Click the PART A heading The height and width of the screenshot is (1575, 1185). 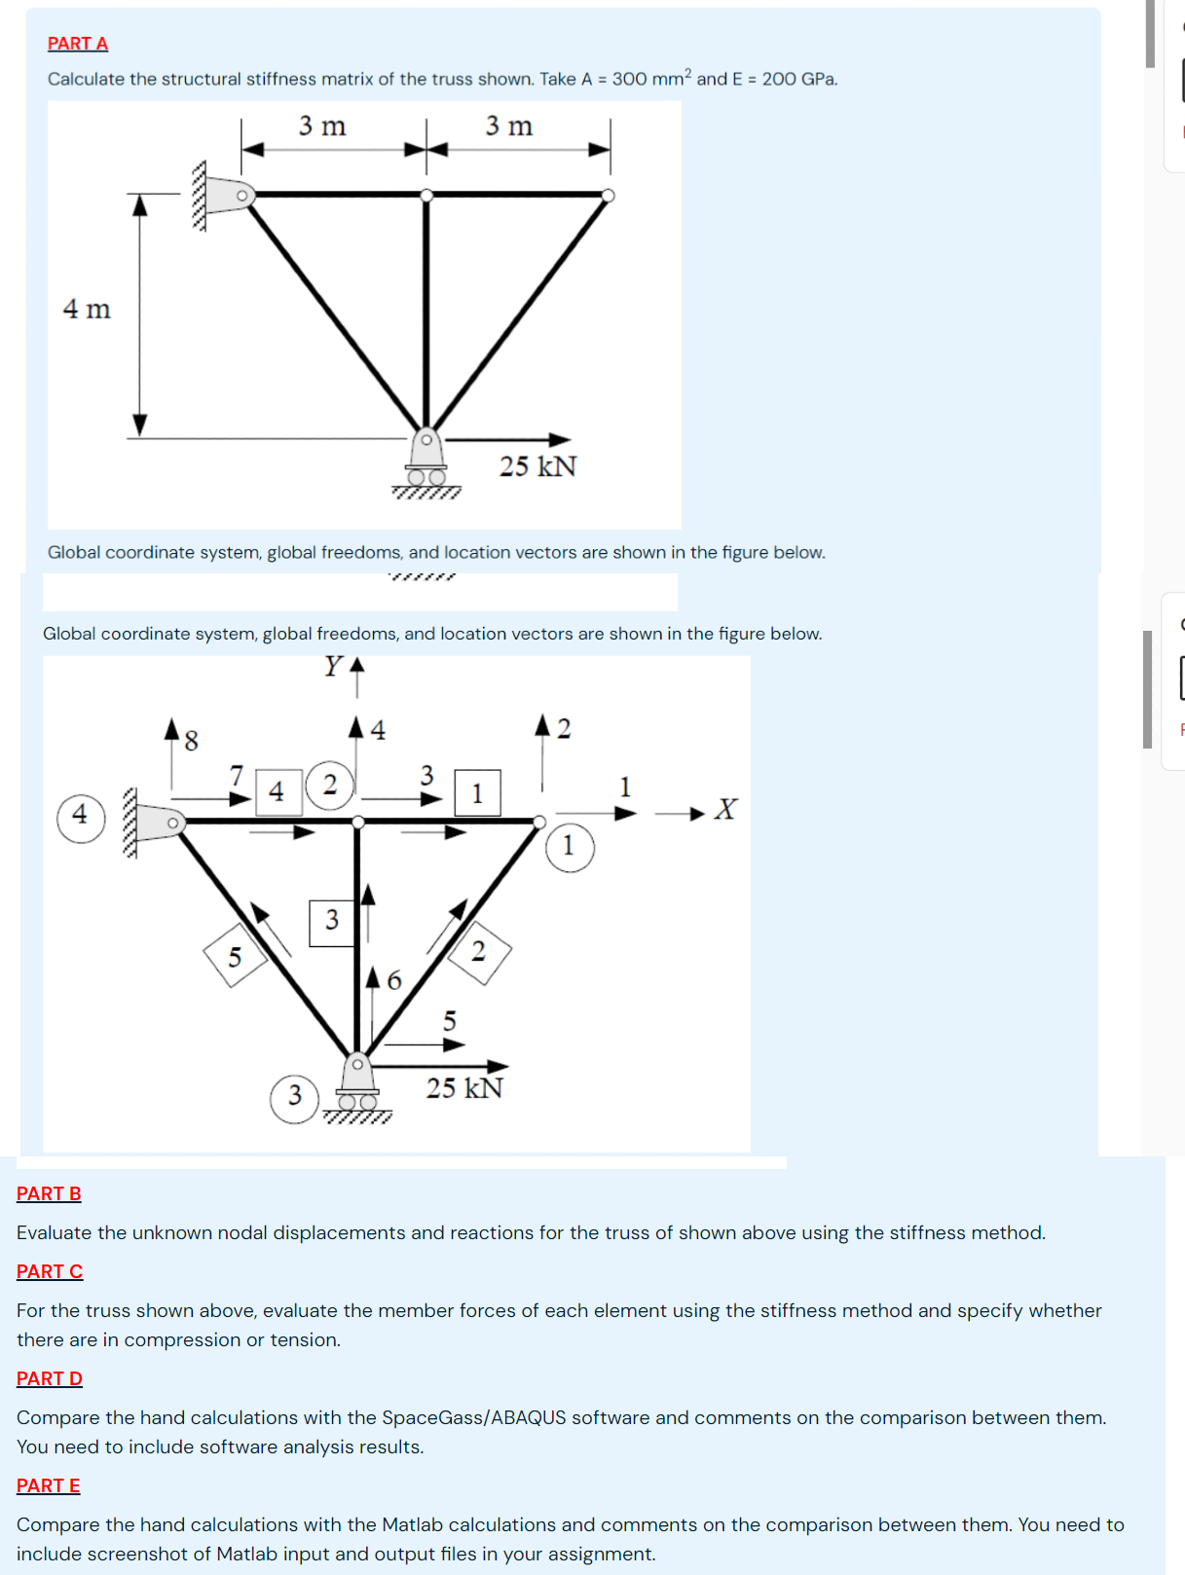(77, 43)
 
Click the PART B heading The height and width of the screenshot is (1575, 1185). (49, 1193)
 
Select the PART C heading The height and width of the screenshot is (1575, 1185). (50, 1271)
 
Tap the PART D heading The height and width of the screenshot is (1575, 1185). (50, 1378)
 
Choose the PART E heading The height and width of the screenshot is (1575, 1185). (49, 1485)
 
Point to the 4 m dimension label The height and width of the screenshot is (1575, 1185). (87, 310)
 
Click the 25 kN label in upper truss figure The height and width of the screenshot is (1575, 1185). (537, 466)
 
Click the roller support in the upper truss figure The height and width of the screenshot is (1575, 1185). (426, 461)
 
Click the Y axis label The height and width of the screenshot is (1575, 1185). (333, 667)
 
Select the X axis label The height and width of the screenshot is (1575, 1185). (724, 810)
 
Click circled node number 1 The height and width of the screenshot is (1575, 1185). (570, 847)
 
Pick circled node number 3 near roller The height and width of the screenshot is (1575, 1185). (295, 1097)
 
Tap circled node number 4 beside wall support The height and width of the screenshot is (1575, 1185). (81, 816)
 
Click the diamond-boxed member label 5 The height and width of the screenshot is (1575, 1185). (235, 957)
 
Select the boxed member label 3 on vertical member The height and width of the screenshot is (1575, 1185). (332, 921)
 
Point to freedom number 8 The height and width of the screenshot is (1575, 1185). (191, 742)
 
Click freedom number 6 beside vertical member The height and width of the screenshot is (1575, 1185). (393, 980)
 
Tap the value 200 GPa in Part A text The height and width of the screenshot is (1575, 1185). (798, 79)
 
